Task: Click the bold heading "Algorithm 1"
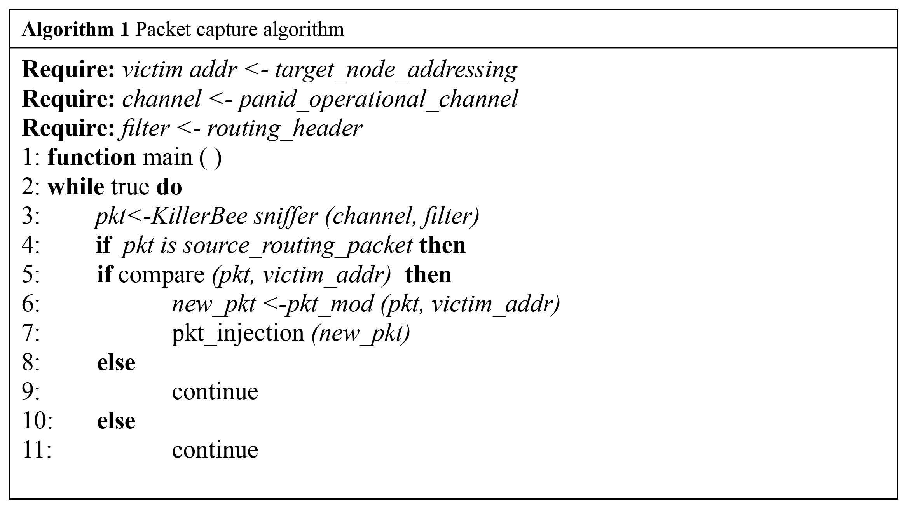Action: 75,30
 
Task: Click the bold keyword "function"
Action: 92,157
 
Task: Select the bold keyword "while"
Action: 76,187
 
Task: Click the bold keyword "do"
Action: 169,187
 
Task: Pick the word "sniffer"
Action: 286,216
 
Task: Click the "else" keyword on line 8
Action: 116,363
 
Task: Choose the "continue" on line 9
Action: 215,392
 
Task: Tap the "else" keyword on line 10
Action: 116,421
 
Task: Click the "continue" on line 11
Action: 215,450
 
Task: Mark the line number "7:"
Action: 31,334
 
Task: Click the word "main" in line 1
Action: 168,158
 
